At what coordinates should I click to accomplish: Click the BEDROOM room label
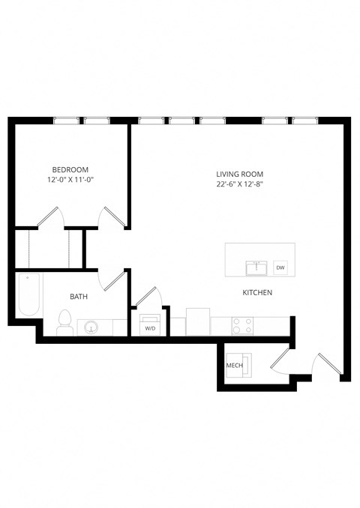[70, 169]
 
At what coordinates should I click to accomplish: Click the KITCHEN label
[256, 292]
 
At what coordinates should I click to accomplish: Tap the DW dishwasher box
[280, 267]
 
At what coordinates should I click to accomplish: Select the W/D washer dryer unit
[150, 324]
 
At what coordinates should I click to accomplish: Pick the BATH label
[79, 297]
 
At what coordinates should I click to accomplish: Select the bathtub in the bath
[28, 295]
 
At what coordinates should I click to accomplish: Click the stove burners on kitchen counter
[242, 325]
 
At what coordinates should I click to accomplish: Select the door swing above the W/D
[147, 296]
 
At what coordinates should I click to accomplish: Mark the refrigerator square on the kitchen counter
[197, 321]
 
